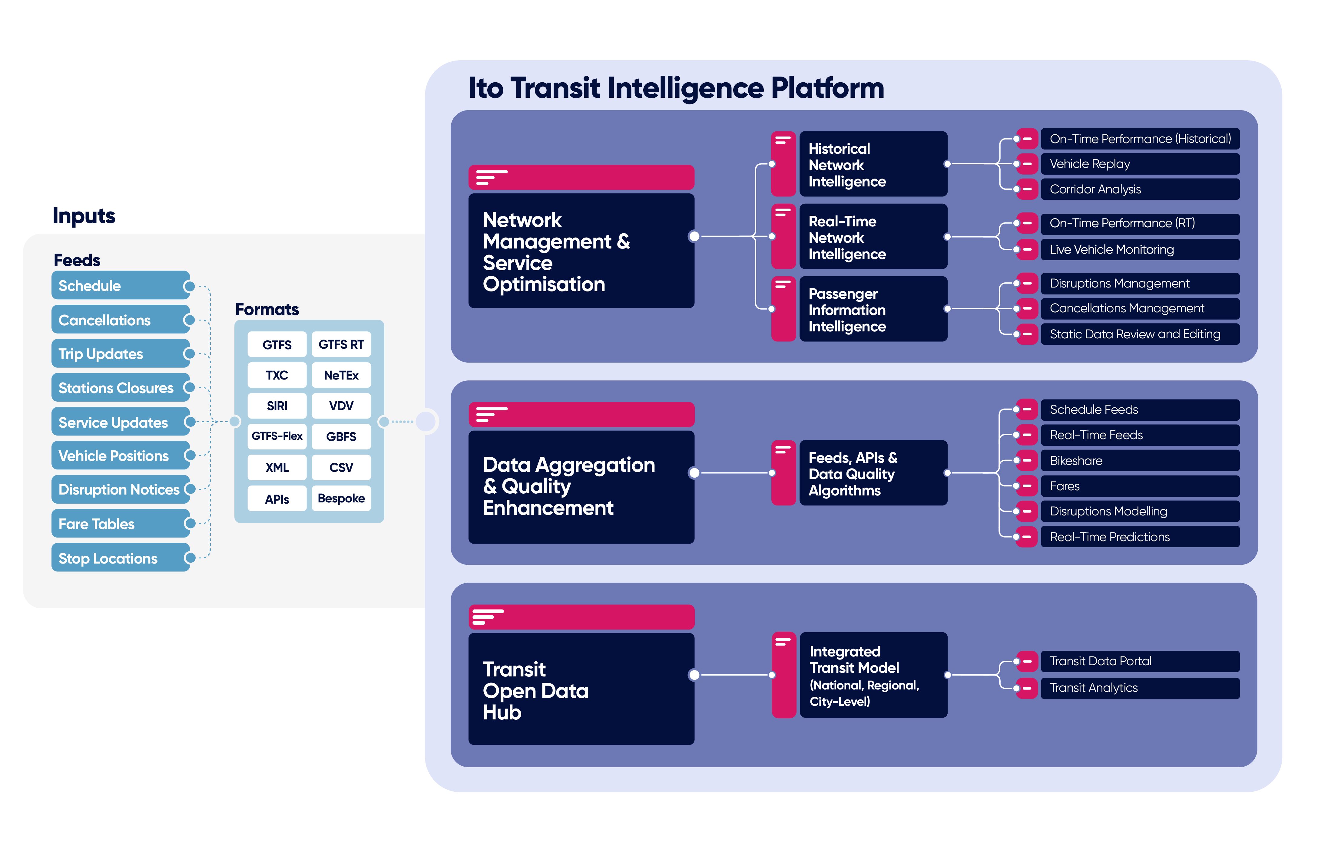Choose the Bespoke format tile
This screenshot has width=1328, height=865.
(x=341, y=498)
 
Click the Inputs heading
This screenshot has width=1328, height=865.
(x=84, y=216)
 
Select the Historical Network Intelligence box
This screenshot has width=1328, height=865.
(x=873, y=165)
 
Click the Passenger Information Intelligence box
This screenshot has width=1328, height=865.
(x=873, y=310)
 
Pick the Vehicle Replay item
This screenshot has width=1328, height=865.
(x=1139, y=164)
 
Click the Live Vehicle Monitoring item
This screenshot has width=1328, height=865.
(x=1139, y=249)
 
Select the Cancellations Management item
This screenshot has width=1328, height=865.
(x=1139, y=308)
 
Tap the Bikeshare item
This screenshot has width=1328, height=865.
(x=1139, y=461)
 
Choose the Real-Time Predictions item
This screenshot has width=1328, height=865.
(x=1139, y=537)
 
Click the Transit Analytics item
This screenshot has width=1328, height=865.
(x=1139, y=688)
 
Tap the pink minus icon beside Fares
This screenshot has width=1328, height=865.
(x=1027, y=486)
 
